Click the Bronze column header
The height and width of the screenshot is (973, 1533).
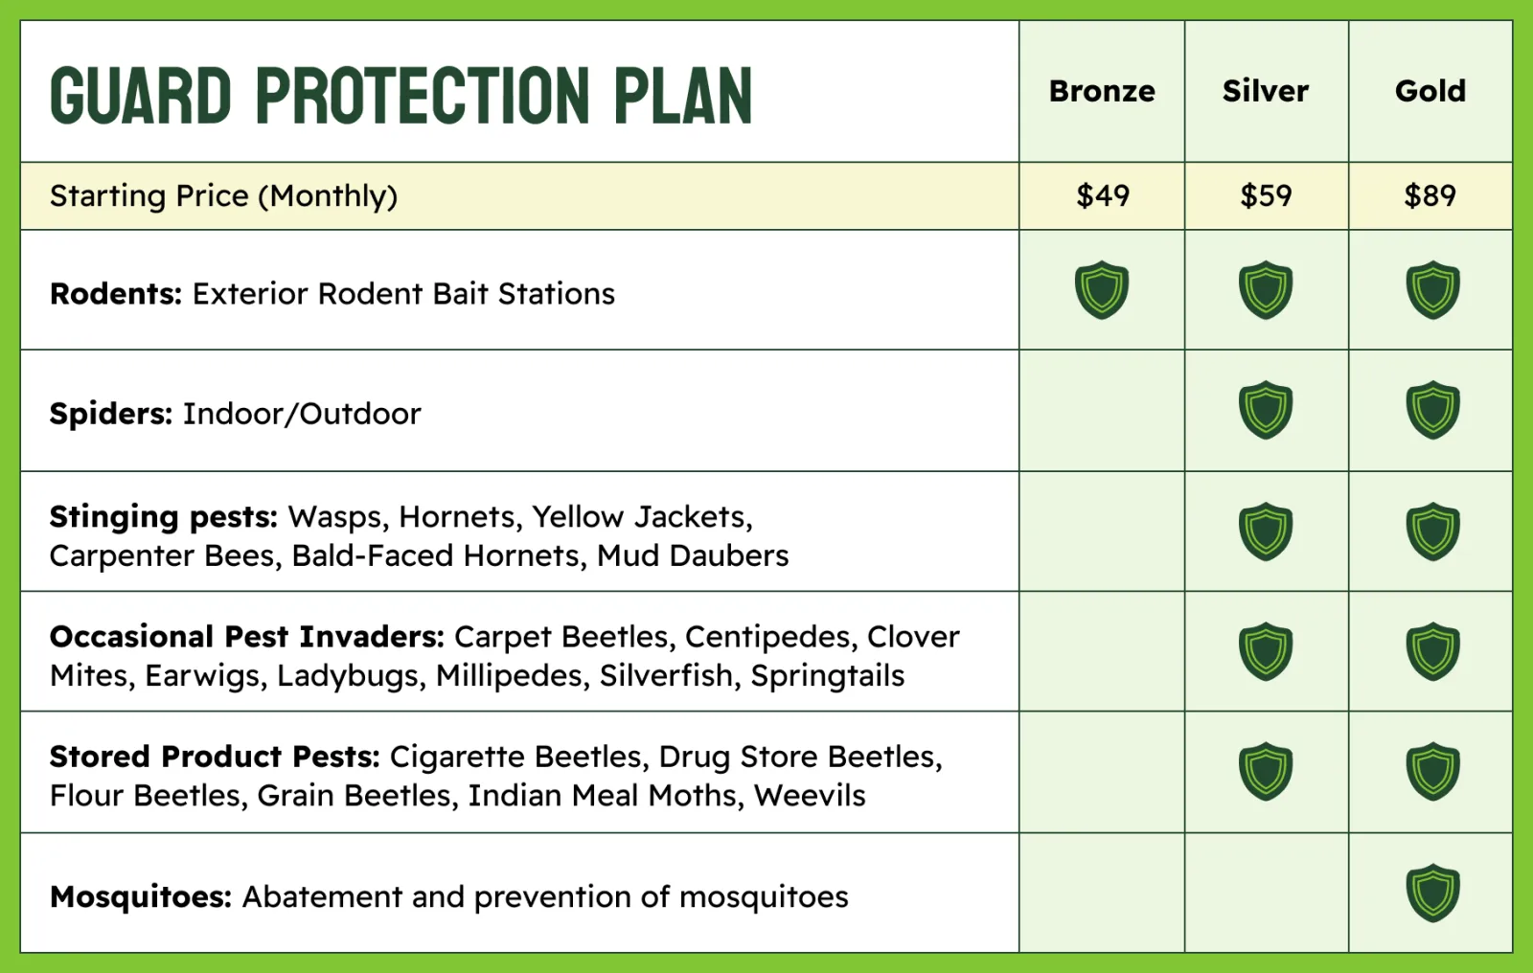[x=1102, y=91]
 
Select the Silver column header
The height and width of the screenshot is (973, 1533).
[x=1266, y=91]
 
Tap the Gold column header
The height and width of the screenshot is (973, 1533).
[x=1430, y=91]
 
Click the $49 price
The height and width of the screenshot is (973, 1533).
[x=1103, y=195]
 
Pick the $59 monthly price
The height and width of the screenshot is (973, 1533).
[x=1266, y=195]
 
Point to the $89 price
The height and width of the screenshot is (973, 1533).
[x=1430, y=195]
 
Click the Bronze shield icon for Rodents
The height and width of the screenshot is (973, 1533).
[x=1102, y=289]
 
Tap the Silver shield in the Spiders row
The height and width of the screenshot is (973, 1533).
[x=1266, y=410]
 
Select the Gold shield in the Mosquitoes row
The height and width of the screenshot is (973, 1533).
[x=1433, y=893]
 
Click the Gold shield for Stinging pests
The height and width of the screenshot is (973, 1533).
[x=1433, y=532]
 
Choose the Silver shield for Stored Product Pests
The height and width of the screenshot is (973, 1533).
[x=1266, y=771]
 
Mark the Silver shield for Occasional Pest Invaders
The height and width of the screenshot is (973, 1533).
[x=1266, y=651]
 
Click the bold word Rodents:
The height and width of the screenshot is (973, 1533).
[x=116, y=294]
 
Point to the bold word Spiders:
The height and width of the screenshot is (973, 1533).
[x=111, y=414]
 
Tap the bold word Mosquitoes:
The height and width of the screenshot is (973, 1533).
[x=141, y=897]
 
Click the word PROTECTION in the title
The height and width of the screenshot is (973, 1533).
[x=423, y=96]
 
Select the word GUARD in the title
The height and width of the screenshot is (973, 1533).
[x=140, y=96]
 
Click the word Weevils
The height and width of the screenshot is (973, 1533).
[x=810, y=796]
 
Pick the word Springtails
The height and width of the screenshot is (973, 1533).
[x=828, y=676]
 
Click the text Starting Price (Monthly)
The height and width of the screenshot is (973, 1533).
[x=223, y=196]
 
